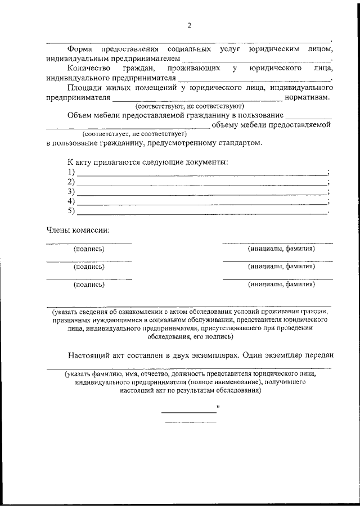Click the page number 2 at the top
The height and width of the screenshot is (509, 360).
click(190, 25)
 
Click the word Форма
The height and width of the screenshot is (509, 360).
click(80, 49)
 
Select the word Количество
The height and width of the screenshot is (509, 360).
click(87, 68)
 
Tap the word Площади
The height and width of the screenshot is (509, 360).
click(84, 88)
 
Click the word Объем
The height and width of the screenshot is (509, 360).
click(80, 115)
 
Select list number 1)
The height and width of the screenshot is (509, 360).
click(71, 172)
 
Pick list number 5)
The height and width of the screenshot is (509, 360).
click(71, 211)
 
